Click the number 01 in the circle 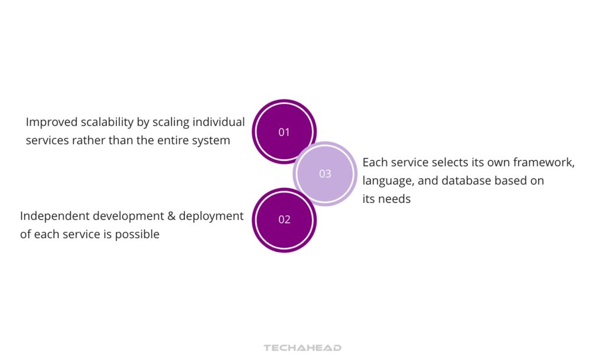tap(284, 132)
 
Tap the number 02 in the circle tap(284, 219)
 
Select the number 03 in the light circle tap(325, 174)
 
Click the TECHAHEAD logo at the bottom tap(302, 348)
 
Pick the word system tap(212, 141)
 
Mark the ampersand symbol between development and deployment tap(172, 216)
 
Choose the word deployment tap(212, 216)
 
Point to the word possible tap(137, 234)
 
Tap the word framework tap(544, 162)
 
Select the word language tap(386, 181)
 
